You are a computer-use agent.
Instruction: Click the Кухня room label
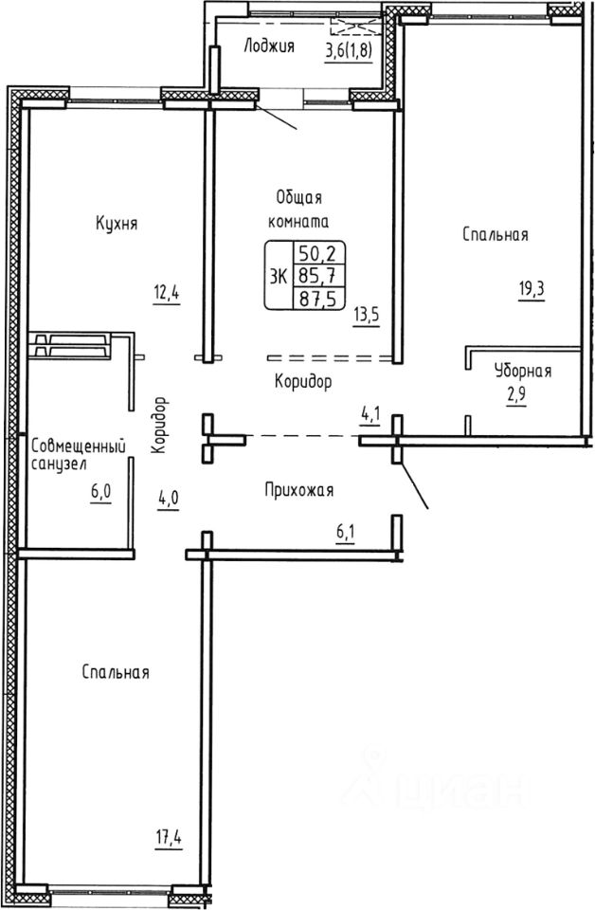[117, 224]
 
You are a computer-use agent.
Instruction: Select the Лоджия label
[269, 45]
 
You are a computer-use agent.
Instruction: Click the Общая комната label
[298, 209]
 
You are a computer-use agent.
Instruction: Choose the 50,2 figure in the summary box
[319, 254]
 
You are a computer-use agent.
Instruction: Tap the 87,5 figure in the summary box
[319, 297]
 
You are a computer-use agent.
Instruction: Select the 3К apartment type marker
[279, 277]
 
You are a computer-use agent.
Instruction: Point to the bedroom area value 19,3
[532, 289]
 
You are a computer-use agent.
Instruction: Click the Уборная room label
[523, 371]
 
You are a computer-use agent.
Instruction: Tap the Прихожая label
[299, 491]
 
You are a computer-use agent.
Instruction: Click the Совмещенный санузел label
[79, 455]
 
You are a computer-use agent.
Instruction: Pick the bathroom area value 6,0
[100, 493]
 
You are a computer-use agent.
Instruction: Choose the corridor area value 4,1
[370, 415]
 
